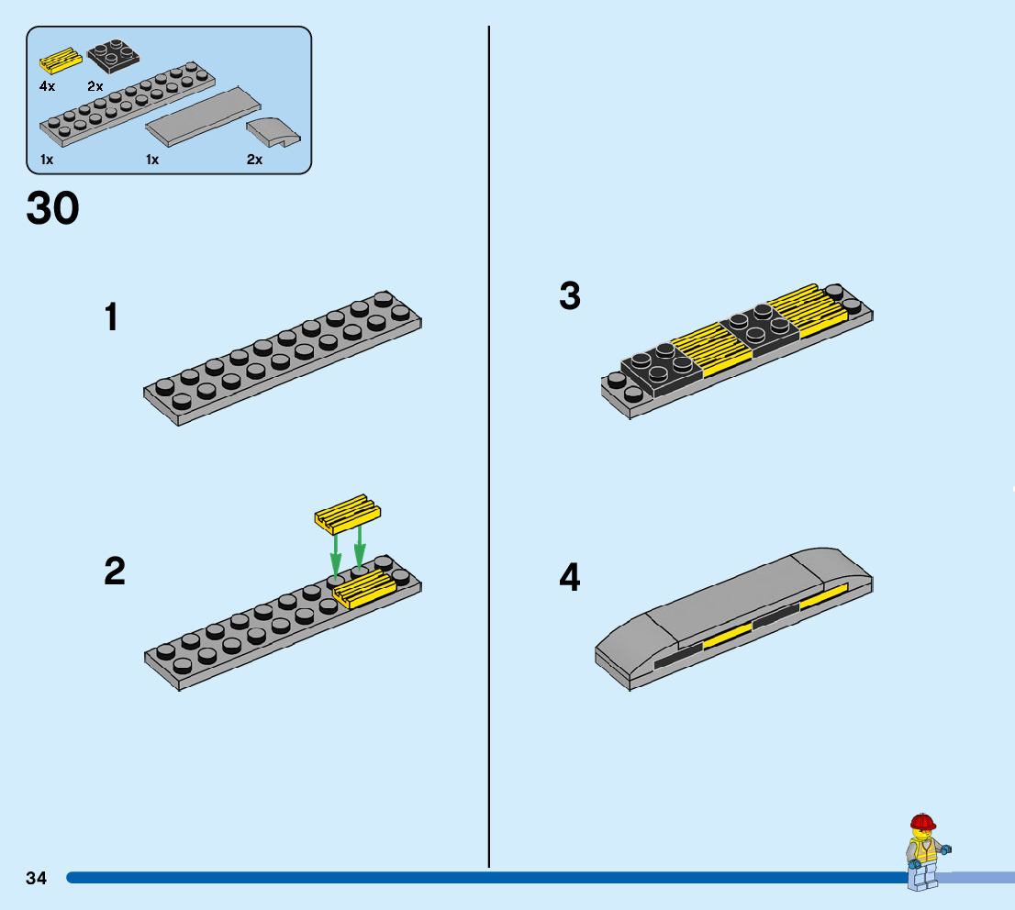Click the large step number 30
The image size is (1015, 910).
click(53, 209)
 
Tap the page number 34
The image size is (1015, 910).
click(37, 878)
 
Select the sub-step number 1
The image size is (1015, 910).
click(111, 318)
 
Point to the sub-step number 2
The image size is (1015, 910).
click(115, 572)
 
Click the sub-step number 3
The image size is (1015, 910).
click(570, 296)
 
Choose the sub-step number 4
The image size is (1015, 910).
click(570, 578)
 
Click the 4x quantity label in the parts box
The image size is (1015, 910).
click(48, 85)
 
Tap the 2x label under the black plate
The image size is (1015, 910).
click(95, 85)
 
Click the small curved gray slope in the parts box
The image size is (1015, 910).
click(273, 133)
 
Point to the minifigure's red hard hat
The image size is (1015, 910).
click(922, 822)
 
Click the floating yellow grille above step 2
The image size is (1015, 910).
click(347, 516)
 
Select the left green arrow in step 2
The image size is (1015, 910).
click(336, 552)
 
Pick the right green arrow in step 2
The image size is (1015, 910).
click(360, 547)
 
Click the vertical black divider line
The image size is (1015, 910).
click(489, 440)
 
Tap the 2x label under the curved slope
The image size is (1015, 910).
click(254, 159)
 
